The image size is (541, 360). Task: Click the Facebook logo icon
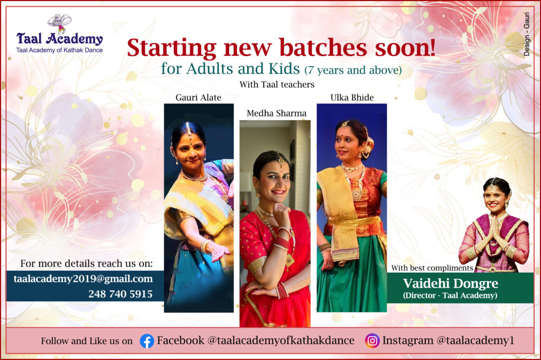coord(147,341)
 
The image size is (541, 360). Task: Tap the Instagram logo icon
coord(372,340)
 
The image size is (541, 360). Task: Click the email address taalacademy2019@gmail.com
coord(83,279)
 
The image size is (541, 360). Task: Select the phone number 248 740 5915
coord(120,294)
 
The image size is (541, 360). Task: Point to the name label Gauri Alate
coord(199,98)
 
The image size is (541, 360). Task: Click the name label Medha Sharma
coord(276,113)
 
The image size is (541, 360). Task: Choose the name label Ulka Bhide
coord(352,98)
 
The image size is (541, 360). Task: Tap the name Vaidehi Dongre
coord(451,283)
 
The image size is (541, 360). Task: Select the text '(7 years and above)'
coord(353,70)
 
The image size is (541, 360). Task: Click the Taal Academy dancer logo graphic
coord(59,23)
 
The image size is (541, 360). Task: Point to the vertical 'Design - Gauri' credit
coord(527,34)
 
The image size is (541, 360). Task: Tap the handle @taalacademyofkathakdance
coord(281,340)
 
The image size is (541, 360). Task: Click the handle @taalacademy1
coord(475,340)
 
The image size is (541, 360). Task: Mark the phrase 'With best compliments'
coord(432,268)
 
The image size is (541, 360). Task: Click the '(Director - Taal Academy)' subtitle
coord(450,296)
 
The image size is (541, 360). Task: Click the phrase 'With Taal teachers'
coord(277,85)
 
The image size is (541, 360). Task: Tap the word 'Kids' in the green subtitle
coord(284,68)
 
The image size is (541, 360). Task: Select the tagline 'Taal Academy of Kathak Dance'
coord(59,50)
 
